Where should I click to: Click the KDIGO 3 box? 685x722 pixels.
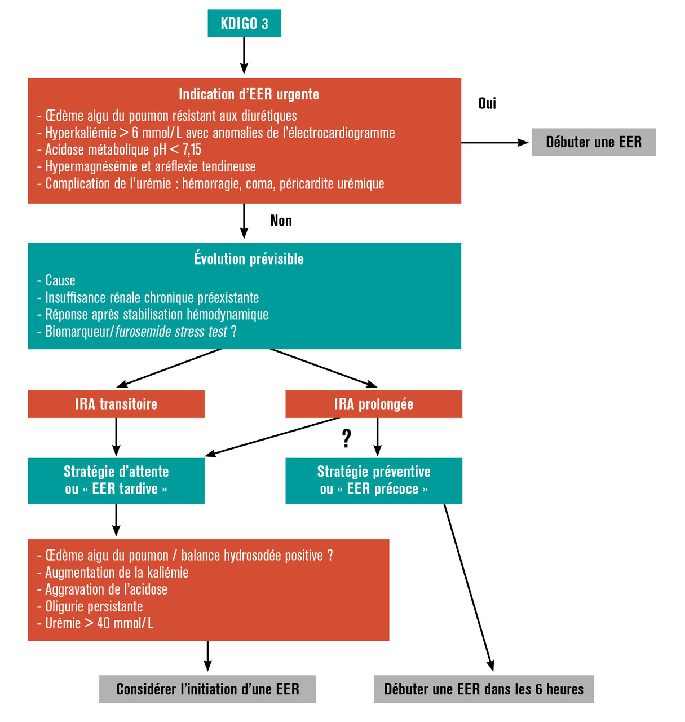244,23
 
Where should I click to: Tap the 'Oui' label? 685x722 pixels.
487,103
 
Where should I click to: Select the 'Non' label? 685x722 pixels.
281,221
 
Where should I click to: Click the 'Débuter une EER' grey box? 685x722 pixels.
594,142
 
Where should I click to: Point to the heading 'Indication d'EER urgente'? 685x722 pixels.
249,94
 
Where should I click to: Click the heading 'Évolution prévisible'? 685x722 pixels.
249,259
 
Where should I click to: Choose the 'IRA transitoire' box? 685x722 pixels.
116,404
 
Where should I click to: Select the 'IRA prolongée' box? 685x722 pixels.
374,404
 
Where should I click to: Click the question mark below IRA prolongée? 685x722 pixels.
347,438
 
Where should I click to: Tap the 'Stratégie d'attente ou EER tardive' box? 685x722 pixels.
116,481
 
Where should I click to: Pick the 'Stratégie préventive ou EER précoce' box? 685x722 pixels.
374,481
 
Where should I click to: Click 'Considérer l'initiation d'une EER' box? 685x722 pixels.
207,689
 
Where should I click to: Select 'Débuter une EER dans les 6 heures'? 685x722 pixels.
484,689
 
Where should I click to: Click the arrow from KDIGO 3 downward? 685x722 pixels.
244,55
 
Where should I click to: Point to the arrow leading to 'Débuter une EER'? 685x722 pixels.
495,143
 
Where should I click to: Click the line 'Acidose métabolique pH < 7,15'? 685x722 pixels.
123,150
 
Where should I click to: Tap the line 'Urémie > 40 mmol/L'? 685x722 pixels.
99,623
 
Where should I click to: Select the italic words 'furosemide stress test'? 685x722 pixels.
171,332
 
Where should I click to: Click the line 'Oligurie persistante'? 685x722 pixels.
94,606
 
